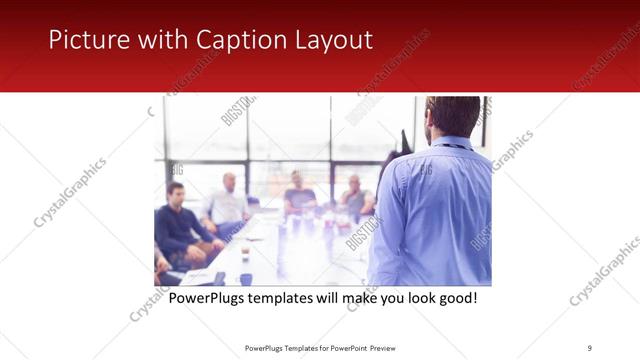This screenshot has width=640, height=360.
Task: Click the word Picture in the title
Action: coord(83,41)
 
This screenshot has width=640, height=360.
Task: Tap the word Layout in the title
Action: coord(331,41)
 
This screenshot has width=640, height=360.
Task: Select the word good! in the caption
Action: coord(456,299)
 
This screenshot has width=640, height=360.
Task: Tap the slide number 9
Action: coord(590,348)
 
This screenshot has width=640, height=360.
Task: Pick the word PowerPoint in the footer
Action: coord(344,348)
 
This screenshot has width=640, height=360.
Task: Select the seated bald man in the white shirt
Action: coord(228,200)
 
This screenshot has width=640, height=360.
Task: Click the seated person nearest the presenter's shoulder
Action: coord(354,195)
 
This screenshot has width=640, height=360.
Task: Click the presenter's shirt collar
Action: coord(450,143)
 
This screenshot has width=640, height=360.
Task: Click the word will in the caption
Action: coord(337,299)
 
